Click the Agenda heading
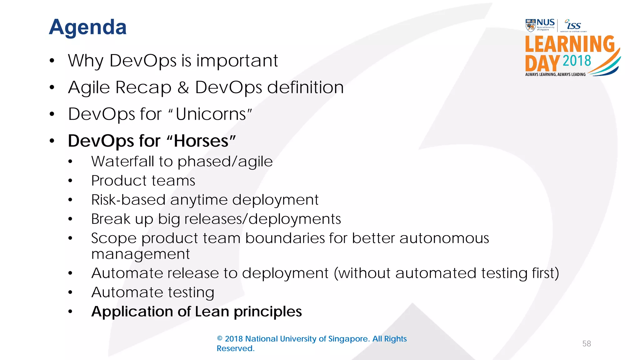pos(88,27)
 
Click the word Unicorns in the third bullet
pos(211,114)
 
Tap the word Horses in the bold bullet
pos(201,141)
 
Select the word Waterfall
pos(122,162)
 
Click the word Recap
pos(143,87)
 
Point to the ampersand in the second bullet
pos(183,87)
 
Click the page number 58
pos(586,344)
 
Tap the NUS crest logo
pos(530,25)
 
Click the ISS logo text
pos(574,25)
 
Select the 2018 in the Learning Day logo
pos(577,61)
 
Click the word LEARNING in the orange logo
pos(570,44)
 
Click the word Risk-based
pos(128,200)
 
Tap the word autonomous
pos(444,238)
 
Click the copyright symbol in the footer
pos(220,339)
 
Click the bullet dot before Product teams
pos(70,181)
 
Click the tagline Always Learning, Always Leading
pos(555,74)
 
